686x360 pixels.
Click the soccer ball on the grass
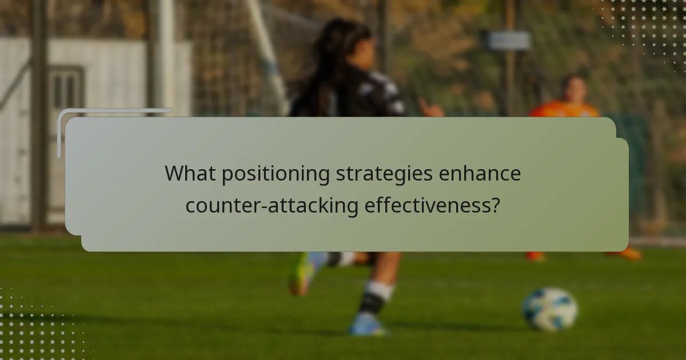coord(550,309)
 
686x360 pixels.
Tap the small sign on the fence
coord(508,41)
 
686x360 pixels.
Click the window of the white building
coord(65,89)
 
